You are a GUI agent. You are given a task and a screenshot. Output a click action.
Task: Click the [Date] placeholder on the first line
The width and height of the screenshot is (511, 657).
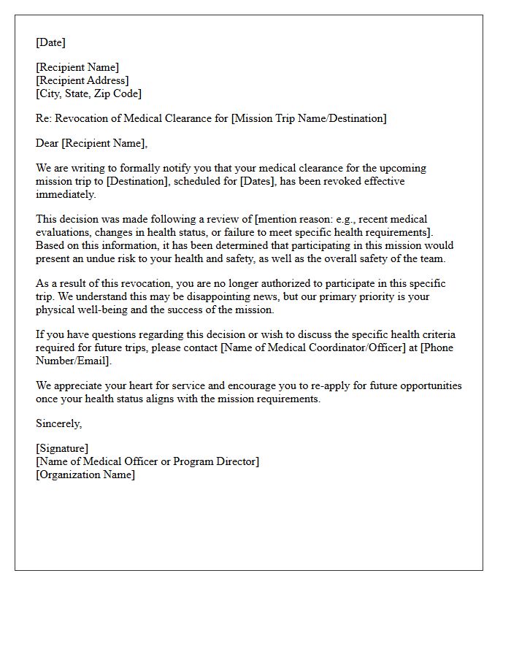click(x=50, y=42)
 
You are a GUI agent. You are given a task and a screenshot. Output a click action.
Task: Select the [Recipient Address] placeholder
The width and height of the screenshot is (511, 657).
click(x=82, y=80)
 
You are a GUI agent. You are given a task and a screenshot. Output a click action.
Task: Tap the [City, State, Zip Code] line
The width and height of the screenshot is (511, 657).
click(x=88, y=93)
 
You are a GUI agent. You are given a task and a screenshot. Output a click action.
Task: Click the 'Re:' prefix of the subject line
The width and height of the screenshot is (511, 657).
click(x=44, y=118)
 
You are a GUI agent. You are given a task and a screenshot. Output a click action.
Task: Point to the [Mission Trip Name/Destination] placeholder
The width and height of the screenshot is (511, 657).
click(x=309, y=118)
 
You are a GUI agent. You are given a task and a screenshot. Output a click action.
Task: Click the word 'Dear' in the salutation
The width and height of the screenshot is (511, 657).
click(x=47, y=143)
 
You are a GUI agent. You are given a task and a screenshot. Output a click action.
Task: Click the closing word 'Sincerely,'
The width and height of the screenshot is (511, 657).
click(x=59, y=423)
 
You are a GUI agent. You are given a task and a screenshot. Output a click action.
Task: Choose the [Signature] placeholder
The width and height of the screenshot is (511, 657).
click(x=62, y=448)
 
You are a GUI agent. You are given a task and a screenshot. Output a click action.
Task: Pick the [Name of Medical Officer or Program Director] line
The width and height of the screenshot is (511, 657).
click(x=147, y=461)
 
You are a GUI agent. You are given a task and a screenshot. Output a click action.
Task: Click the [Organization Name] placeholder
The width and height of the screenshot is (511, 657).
click(x=85, y=474)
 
